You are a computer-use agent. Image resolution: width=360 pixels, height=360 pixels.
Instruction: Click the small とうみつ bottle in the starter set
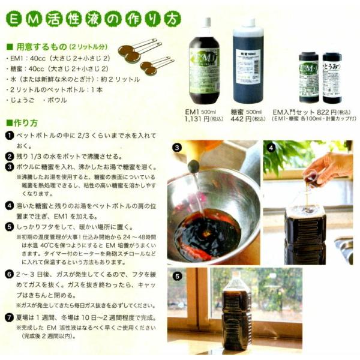coord(332,77)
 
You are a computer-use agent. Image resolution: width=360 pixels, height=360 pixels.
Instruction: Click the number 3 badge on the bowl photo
coord(177,148)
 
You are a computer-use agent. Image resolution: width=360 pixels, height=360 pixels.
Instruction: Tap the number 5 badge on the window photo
coord(177,277)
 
